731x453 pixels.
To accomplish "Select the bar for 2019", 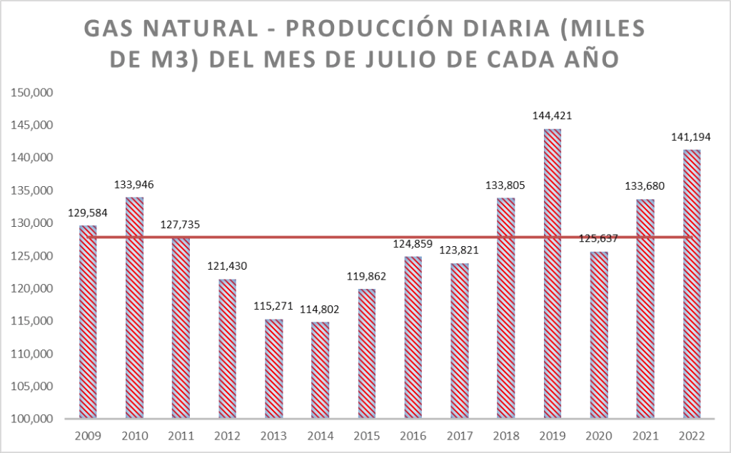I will click(x=552, y=274).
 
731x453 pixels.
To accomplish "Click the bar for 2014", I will click(x=320, y=370).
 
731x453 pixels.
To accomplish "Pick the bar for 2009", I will click(x=88, y=322).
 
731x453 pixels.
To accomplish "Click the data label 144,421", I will click(x=552, y=115).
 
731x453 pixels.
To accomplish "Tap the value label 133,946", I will click(x=134, y=184).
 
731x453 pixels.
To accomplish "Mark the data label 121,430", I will click(x=227, y=265).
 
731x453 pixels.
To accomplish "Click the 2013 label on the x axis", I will click(x=273, y=435).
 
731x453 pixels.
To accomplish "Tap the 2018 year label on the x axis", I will click(x=505, y=435).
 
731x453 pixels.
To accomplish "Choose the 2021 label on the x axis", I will click(x=645, y=435).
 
